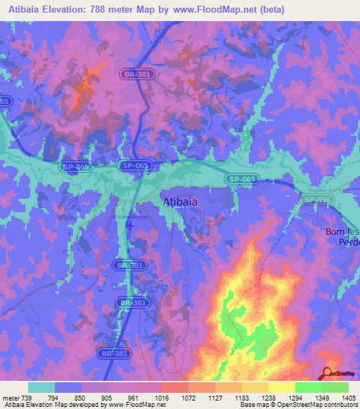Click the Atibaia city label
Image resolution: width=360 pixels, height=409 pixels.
(180, 202)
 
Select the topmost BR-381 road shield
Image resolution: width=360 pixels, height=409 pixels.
(136, 72)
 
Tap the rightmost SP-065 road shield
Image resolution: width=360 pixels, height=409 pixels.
(242, 180)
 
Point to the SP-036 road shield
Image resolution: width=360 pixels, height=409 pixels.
(317, 200)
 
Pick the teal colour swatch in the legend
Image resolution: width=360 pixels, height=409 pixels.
(41, 387)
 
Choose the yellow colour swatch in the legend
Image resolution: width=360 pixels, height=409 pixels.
(281, 387)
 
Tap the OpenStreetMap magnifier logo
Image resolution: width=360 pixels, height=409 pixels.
(327, 374)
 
